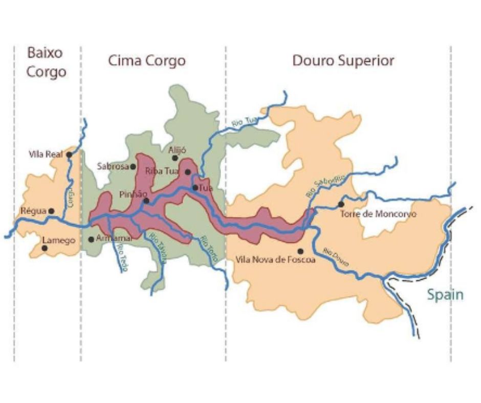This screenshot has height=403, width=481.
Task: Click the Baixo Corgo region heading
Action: coord(47,62)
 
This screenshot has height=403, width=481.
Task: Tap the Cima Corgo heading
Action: coord(146,61)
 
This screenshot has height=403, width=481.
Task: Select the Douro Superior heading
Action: coord(343,61)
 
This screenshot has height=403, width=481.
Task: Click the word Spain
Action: coord(445,295)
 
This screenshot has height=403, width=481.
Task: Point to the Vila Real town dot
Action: coord(69,154)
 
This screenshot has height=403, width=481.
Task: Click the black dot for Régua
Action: coord(51,211)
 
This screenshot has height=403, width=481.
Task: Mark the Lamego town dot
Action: coord(45,248)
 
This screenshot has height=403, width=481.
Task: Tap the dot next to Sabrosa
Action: coord(133,166)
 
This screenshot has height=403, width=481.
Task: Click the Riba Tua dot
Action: coord(188,172)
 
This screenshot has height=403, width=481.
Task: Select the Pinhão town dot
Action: coord(146,201)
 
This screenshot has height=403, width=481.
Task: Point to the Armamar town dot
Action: coord(91,239)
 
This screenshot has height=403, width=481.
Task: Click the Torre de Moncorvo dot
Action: coord(341,205)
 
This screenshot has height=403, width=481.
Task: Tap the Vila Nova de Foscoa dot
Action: coord(300,251)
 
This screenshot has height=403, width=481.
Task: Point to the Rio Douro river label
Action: coord(336,257)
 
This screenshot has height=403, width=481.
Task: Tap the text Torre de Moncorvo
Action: coord(379,214)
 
